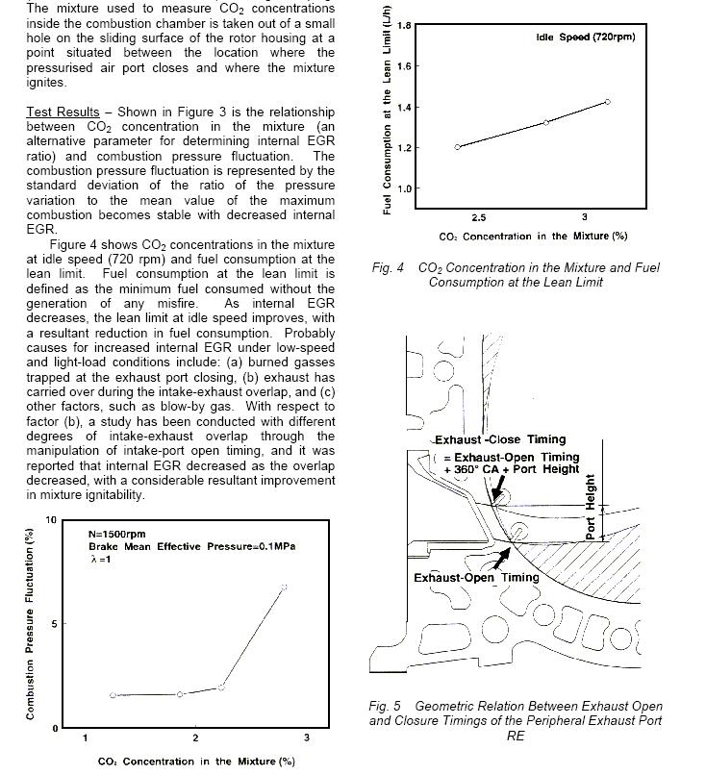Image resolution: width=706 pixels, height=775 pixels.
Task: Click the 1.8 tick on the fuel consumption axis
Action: click(405, 26)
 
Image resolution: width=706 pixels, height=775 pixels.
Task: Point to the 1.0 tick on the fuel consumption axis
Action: click(405, 188)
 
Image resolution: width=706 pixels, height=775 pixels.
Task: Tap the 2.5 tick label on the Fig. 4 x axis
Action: click(478, 218)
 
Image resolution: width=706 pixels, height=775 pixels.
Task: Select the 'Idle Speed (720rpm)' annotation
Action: click(586, 37)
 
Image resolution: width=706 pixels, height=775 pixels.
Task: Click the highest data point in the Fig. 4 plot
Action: click(608, 101)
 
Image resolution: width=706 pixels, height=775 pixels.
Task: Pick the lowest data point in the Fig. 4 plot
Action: click(458, 147)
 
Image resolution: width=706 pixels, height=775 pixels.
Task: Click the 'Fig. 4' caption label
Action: click(388, 268)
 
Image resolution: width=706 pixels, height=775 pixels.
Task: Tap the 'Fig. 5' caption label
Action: click(385, 706)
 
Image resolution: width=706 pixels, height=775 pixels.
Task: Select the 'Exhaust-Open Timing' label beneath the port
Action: click(464, 578)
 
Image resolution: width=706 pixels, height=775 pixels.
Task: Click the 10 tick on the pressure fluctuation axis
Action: click(50, 520)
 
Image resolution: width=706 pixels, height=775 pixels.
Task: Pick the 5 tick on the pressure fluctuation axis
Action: click(53, 624)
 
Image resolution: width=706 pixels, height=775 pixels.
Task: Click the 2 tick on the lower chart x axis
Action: click(195, 738)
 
